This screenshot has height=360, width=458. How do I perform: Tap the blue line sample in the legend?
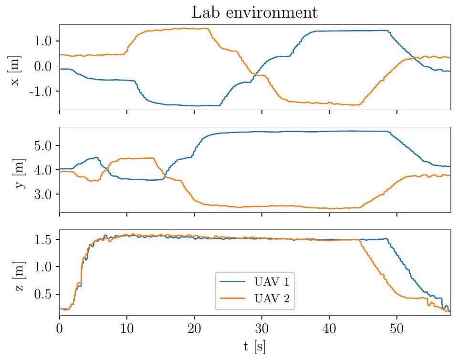pyautogui.click(x=234, y=282)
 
